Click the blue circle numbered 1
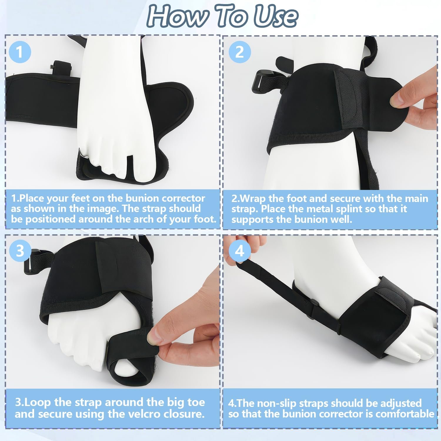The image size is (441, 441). coord(19,52)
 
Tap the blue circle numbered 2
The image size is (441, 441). coord(240,52)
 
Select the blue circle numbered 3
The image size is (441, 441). coord(20,251)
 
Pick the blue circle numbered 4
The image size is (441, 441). coord(240,251)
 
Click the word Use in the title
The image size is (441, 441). coord(276,16)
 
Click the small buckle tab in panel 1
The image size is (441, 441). coord(61,68)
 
